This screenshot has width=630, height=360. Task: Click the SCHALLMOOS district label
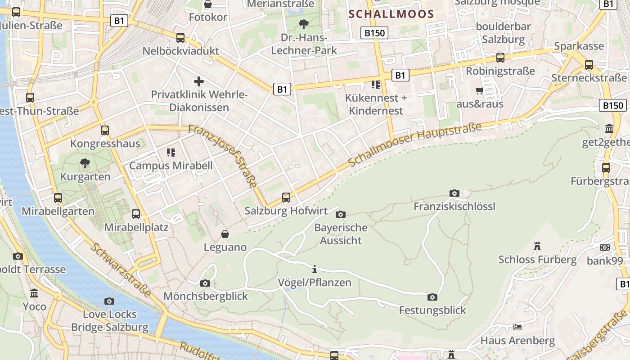click(391, 14)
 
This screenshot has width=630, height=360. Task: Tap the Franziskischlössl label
click(454, 206)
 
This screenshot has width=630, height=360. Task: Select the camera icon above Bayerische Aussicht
click(341, 214)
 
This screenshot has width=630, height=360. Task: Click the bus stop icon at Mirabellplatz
click(136, 214)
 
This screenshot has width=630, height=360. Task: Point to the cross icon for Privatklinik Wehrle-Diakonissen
click(199, 81)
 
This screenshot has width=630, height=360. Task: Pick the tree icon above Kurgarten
click(85, 163)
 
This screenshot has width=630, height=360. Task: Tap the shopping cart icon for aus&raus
click(480, 91)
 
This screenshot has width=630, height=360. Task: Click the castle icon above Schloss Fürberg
click(537, 246)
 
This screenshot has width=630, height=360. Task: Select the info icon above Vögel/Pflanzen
click(315, 270)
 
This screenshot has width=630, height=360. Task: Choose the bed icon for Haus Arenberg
click(517, 327)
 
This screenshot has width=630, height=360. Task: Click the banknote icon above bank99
click(605, 247)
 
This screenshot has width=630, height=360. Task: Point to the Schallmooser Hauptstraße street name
click(414, 144)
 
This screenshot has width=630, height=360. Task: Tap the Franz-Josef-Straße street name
click(223, 156)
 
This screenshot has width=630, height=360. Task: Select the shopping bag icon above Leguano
click(225, 234)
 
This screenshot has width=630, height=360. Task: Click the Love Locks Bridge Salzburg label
click(110, 320)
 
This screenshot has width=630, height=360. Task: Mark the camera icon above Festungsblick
click(432, 297)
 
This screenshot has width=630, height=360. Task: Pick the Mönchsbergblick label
click(206, 296)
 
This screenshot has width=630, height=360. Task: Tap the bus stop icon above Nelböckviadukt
click(180, 38)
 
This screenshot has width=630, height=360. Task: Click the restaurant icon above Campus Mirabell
click(171, 153)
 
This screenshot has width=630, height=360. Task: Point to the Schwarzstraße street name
click(121, 270)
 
